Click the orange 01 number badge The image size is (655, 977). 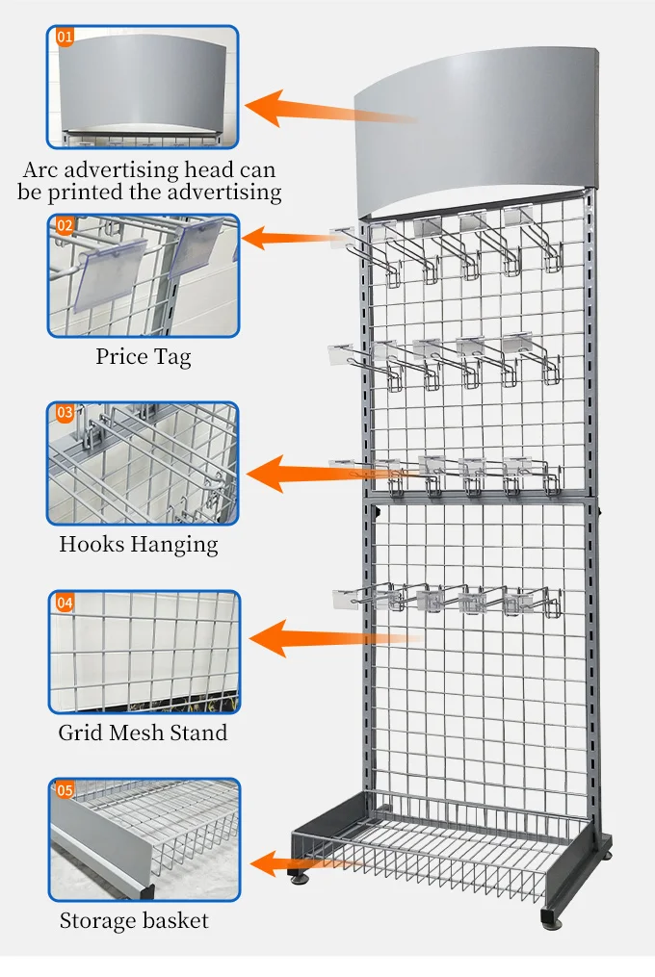click(x=65, y=38)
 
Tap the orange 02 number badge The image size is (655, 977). click(x=65, y=226)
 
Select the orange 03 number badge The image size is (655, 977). click(x=65, y=413)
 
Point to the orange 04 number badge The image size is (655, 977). click(x=65, y=603)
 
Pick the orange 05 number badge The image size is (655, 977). click(x=65, y=790)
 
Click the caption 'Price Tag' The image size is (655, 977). click(x=143, y=357)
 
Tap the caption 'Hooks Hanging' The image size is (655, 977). click(x=139, y=544)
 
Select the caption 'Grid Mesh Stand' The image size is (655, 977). click(x=143, y=733)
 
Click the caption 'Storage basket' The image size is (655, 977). click(x=134, y=920)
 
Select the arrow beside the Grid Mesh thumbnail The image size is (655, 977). click(x=327, y=636)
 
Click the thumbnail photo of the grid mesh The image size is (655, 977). click(x=143, y=652)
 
